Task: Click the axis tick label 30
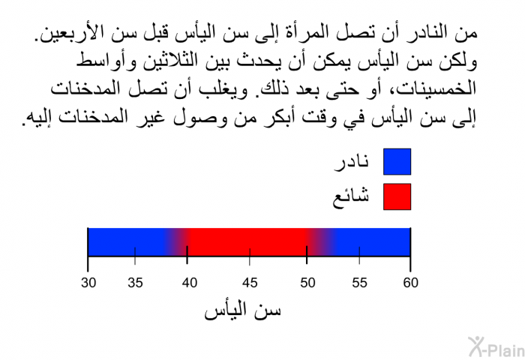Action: point(88,283)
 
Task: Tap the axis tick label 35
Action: point(135,283)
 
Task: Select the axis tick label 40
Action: point(190,283)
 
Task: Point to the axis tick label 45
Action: point(250,283)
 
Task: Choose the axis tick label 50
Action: point(307,283)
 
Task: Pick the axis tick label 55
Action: point(359,283)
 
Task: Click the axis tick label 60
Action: point(410,283)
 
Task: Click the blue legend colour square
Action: point(397,162)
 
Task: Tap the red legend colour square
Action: point(397,196)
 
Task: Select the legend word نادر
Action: point(352,163)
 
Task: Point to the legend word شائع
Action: point(350,197)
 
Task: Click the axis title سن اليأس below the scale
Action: point(242,310)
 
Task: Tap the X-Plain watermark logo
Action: point(496,346)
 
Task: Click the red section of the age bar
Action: point(247,242)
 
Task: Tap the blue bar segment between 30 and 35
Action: point(112,242)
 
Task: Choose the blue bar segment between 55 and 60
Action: point(385,242)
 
